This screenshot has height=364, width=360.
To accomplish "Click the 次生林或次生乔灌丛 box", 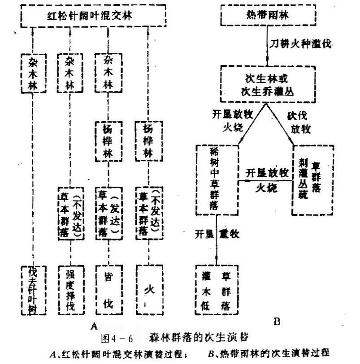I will [x=265, y=84].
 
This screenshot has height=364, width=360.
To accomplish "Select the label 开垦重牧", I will [x=217, y=234].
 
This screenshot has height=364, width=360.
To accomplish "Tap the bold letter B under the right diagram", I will [x=276, y=321].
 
